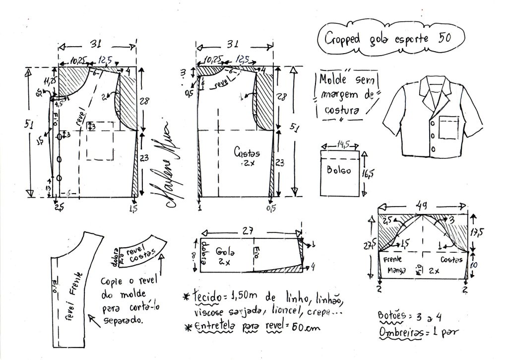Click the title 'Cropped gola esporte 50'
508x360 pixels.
coord(388,38)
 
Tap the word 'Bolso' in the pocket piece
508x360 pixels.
coord(339,170)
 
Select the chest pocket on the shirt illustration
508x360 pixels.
coord(450,125)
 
